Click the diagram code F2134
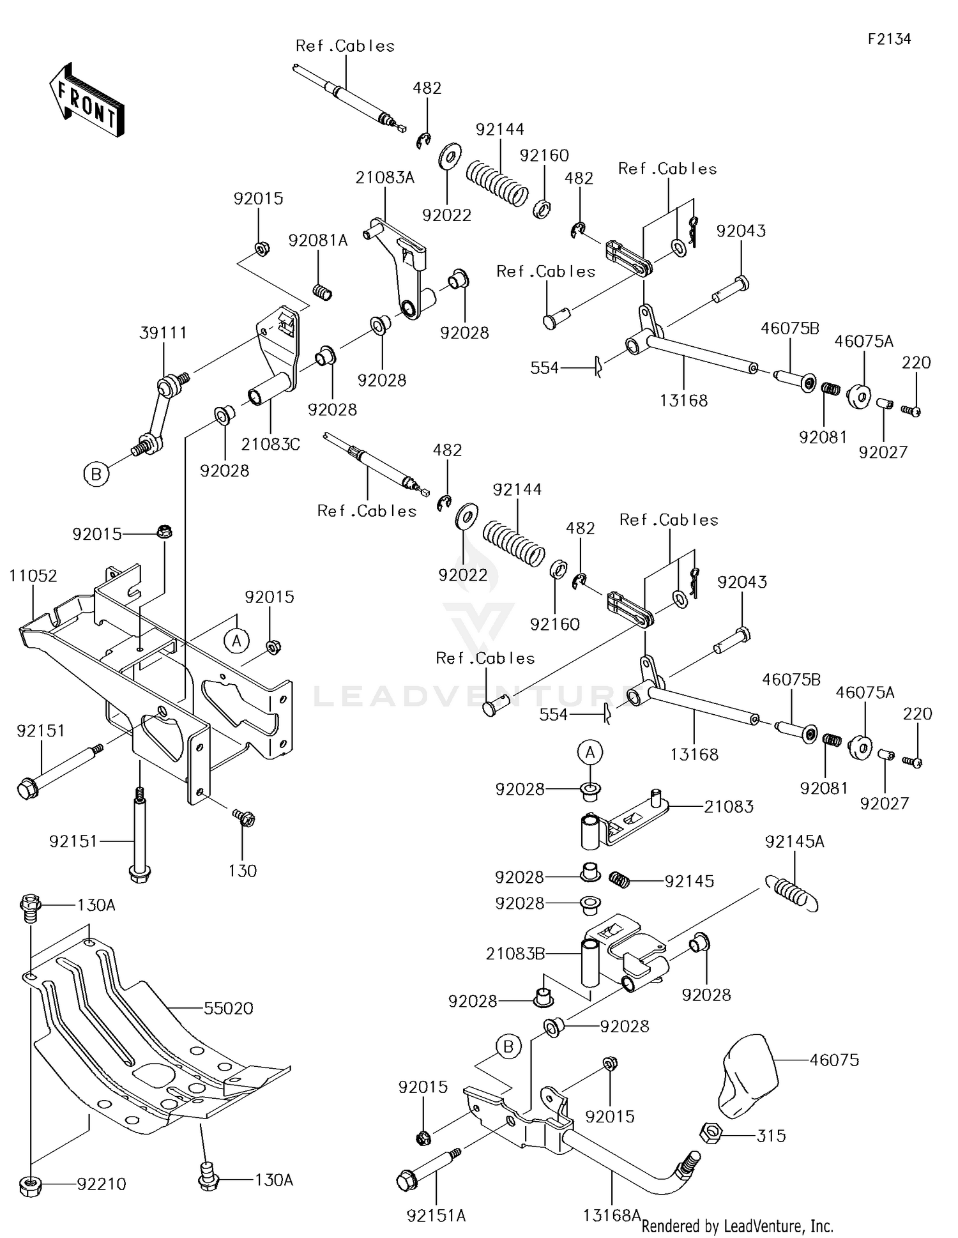(889, 39)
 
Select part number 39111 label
(163, 333)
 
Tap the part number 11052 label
(33, 576)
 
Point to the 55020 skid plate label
(229, 1008)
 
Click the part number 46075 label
(834, 1060)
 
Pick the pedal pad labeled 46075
(749, 1074)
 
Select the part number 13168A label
(612, 1214)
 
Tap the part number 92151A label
(436, 1216)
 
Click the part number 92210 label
(102, 1184)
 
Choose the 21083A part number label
(385, 178)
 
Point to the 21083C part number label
(271, 444)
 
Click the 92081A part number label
(318, 240)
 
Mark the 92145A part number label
(795, 842)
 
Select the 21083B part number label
(515, 954)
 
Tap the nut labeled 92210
(30, 1186)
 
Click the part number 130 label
(243, 871)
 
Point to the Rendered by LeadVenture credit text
(737, 1226)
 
